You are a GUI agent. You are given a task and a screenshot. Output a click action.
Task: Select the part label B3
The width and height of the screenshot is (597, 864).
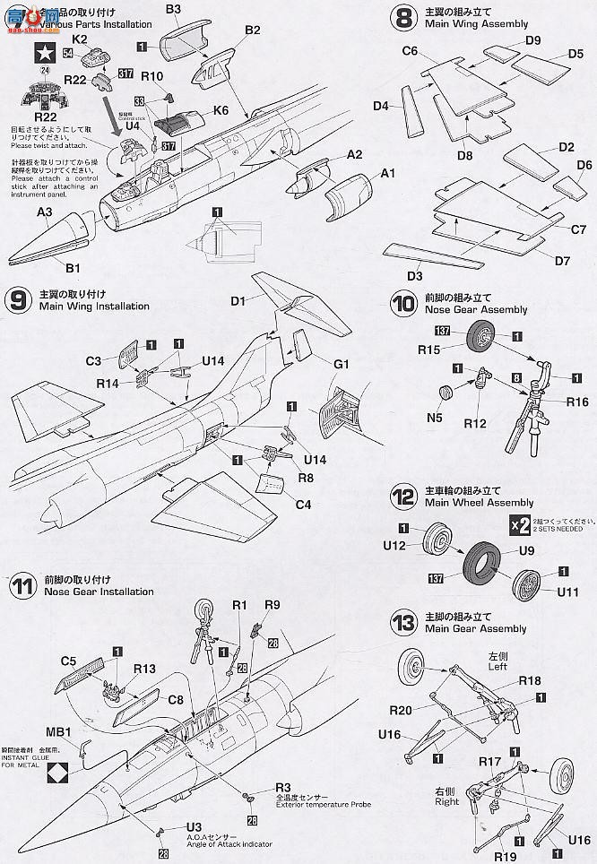[173, 10]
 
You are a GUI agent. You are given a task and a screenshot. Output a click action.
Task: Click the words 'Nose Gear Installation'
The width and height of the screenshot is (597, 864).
[97, 592]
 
